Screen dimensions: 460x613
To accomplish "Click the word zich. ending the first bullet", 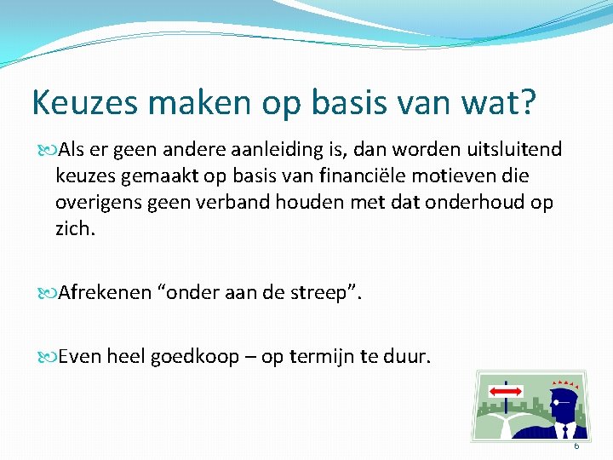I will pos(74,229).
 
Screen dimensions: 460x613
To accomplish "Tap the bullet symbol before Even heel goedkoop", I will pos(45,357).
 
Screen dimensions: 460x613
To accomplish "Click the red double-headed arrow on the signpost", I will pos(506,391).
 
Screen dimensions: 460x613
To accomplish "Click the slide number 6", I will pos(576,446).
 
